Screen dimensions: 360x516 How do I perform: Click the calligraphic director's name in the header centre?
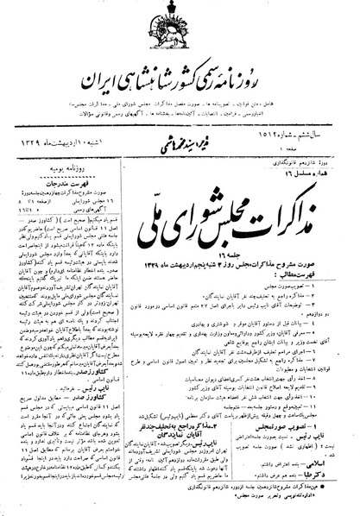point(176,141)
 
